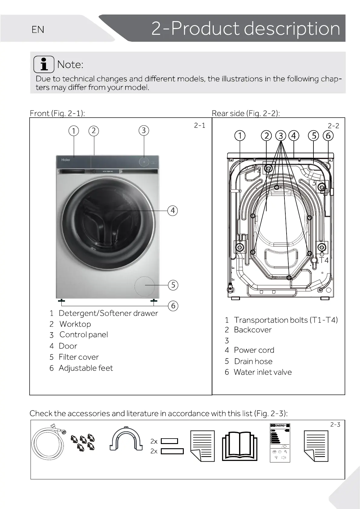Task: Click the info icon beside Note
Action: [44, 64]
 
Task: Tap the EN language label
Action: [38, 30]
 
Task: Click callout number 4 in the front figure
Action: [173, 210]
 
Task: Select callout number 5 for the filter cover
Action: [173, 285]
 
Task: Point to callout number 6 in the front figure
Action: [173, 306]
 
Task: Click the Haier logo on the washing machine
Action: [66, 160]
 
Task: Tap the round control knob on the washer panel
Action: [144, 162]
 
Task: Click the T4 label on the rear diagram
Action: [324, 260]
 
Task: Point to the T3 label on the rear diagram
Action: [311, 183]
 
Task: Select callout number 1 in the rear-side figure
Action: [240, 136]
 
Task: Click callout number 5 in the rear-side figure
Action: [314, 136]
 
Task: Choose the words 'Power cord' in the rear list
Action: [254, 350]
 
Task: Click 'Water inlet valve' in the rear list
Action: [263, 372]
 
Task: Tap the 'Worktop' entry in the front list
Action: [75, 324]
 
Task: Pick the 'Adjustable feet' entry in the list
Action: [86, 368]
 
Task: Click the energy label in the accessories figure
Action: [280, 443]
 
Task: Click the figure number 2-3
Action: [335, 425]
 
